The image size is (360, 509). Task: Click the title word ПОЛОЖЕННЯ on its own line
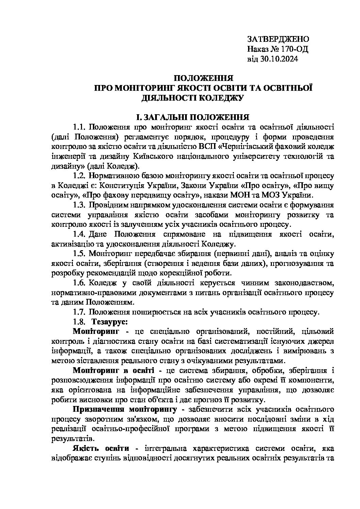click(x=203, y=78)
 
